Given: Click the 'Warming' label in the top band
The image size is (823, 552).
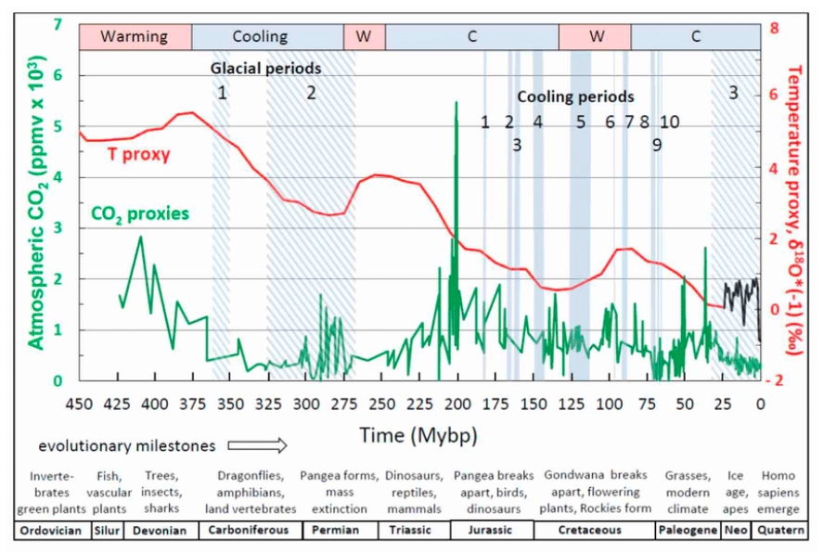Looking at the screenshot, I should (x=135, y=37).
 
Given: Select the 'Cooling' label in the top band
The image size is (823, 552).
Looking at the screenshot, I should (x=260, y=37).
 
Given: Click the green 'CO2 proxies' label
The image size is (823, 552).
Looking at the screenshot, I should (x=140, y=214).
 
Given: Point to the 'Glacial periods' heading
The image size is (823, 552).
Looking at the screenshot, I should (x=265, y=68).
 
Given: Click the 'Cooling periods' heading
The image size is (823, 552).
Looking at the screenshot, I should (x=575, y=96).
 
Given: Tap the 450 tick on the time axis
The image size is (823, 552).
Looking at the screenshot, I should (x=80, y=404).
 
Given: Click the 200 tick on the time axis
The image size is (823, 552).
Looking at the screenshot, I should (x=457, y=404).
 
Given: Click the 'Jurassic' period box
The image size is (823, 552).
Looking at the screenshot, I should (x=491, y=532).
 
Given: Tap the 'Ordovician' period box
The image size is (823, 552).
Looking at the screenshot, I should (x=52, y=532).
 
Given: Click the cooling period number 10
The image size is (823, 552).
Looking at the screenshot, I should (x=669, y=122).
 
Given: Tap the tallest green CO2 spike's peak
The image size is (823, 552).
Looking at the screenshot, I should (x=457, y=102).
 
